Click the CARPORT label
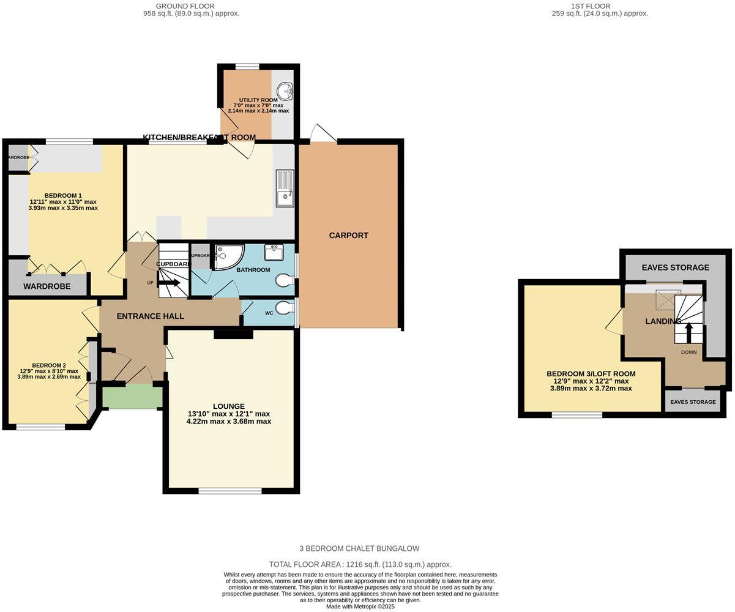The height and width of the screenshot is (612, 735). tap(348, 236)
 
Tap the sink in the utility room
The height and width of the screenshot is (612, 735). tap(285, 92)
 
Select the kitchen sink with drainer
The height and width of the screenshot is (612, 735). tap(285, 188)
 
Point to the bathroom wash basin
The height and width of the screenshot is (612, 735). tap(274, 252)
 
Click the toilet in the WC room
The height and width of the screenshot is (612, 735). tap(285, 308)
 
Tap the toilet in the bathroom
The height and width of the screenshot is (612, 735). tap(285, 281)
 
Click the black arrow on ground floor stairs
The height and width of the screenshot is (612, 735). tap(169, 282)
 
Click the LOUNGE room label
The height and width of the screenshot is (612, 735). tap(229, 406)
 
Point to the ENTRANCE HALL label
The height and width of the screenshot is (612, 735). tap(150, 316)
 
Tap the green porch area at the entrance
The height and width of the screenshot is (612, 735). tap(132, 397)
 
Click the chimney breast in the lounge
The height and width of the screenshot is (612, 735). tap(233, 334)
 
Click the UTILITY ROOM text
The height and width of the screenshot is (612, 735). tap(258, 100)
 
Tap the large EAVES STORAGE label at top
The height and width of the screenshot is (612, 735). tap(675, 267)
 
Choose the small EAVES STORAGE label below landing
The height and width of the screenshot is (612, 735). tap(693, 402)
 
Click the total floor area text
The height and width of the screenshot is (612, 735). tap(360, 565)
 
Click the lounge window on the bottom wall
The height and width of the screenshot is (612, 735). tap(230, 491)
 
